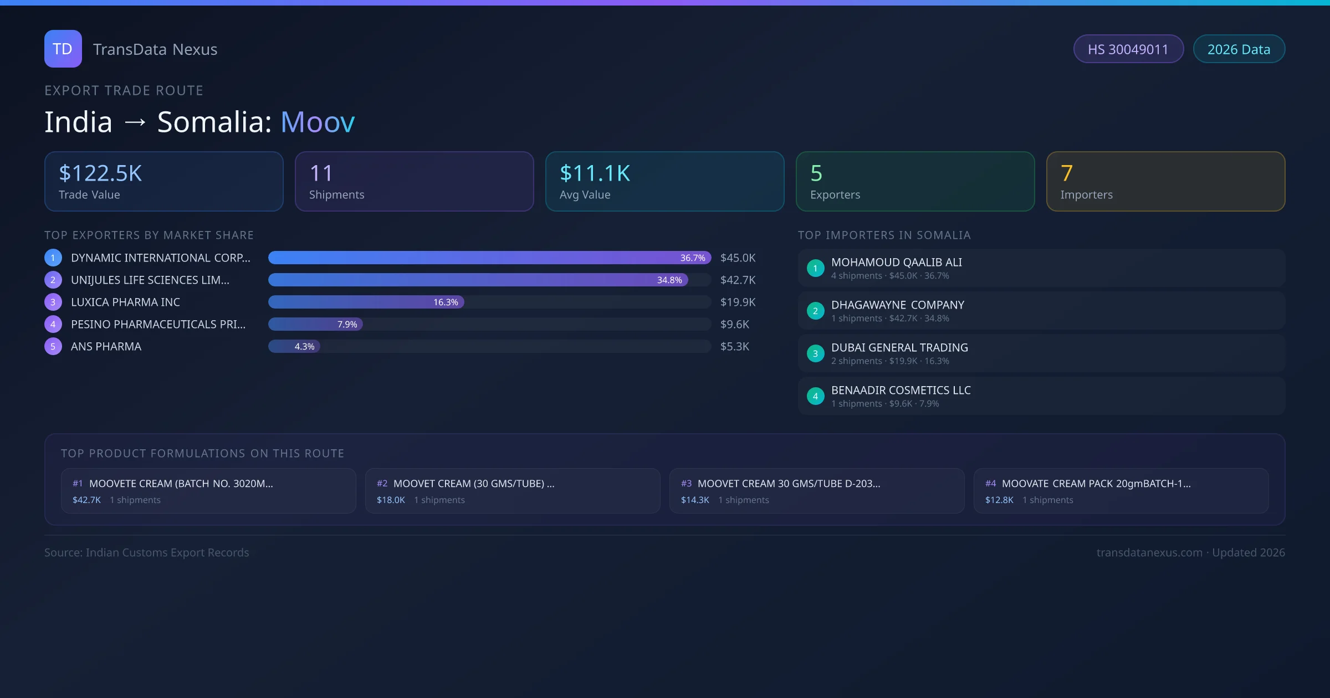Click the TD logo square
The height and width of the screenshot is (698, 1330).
click(63, 49)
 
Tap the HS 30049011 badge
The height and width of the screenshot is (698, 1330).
click(1128, 49)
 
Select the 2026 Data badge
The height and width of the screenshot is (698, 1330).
click(1239, 49)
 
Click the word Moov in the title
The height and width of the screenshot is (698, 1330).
click(318, 122)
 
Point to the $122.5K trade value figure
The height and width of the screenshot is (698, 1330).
click(100, 173)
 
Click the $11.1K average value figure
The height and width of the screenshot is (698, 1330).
click(595, 173)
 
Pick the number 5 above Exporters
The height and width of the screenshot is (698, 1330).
click(816, 173)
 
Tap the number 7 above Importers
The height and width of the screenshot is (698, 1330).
click(1067, 173)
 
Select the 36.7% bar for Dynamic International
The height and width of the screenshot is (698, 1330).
click(489, 258)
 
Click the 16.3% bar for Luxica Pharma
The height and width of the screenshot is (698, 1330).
click(366, 302)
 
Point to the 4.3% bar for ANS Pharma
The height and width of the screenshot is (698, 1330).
click(294, 346)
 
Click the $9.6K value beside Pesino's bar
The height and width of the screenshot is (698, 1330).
click(734, 324)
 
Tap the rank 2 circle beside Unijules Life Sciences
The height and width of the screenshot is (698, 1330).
click(53, 280)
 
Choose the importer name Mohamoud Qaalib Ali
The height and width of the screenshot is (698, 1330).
click(896, 262)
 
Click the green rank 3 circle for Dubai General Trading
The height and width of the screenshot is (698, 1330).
click(815, 353)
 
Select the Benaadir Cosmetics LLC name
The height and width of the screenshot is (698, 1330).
click(901, 390)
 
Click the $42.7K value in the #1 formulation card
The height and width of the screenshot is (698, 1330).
click(86, 500)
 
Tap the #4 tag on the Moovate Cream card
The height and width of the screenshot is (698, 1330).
click(990, 484)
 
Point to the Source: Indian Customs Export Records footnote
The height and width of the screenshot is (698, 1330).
click(147, 552)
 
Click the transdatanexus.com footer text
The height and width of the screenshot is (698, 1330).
click(1149, 552)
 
